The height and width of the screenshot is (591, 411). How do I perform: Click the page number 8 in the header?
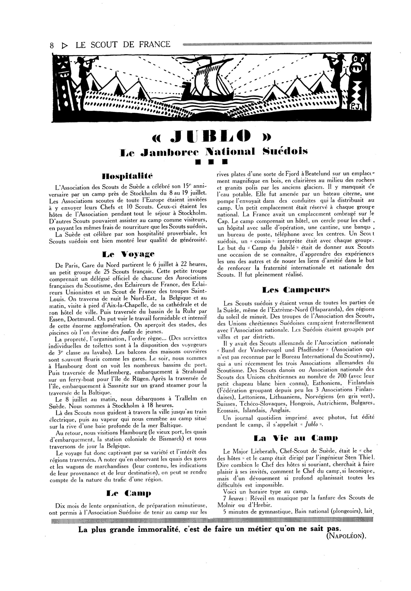(x=52, y=45)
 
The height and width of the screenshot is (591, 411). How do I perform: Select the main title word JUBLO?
(x=210, y=137)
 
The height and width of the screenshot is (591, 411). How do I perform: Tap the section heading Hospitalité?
(x=127, y=177)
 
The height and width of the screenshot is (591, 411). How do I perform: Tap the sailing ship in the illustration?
(x=208, y=82)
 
